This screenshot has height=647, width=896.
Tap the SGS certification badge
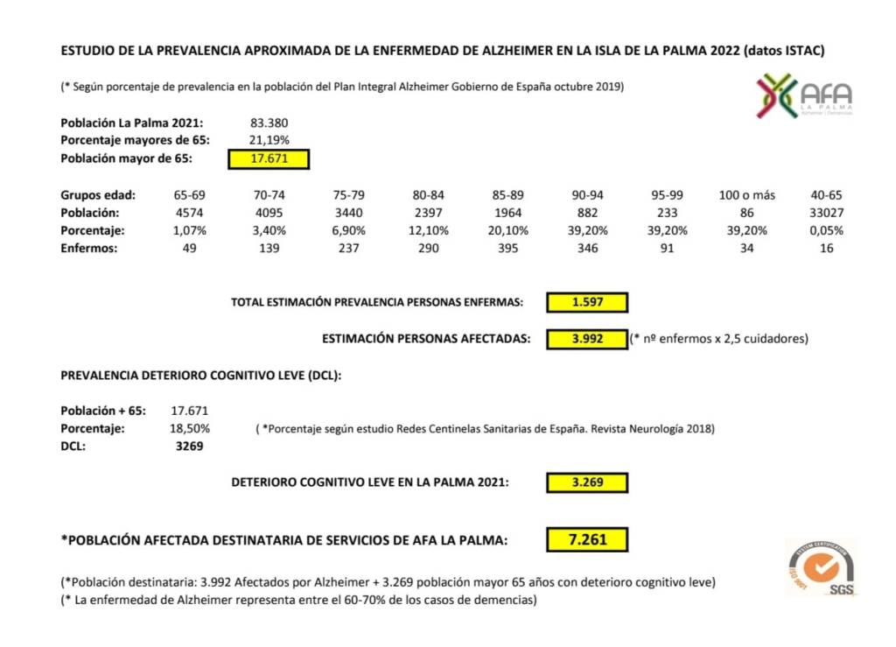(x=822, y=568)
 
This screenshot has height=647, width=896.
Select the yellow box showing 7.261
(x=587, y=540)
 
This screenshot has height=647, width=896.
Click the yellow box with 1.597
(x=587, y=302)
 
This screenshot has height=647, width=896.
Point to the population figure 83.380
(x=269, y=123)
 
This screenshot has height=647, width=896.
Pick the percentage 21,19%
(x=269, y=140)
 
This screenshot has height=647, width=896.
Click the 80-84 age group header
(x=428, y=195)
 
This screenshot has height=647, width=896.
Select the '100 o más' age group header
(x=745, y=195)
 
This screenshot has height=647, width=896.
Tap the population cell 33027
(x=825, y=213)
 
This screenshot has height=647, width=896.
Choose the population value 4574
(x=190, y=213)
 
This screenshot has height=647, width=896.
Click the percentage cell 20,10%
(x=507, y=230)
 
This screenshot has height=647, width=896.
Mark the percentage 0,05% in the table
(x=825, y=230)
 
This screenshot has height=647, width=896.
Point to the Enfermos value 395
(x=507, y=249)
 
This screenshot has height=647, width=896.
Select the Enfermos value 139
(x=269, y=249)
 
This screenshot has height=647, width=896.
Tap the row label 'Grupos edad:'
(x=95, y=195)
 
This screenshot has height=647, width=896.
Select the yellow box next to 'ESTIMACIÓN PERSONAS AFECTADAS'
(x=587, y=338)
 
